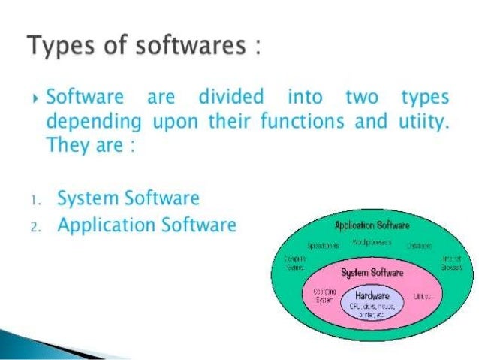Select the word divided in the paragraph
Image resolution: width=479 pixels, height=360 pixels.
[x=232, y=98]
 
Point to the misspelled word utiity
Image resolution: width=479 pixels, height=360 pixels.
[x=423, y=120]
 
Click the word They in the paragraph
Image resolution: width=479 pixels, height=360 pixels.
[x=66, y=144]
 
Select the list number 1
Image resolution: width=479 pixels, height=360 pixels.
[x=35, y=200]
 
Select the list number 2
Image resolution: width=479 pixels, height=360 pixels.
[x=36, y=226]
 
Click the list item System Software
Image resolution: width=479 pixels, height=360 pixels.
[x=128, y=199]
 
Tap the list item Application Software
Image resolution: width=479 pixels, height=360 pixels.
[x=147, y=225]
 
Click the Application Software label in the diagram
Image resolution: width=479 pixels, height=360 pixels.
[x=373, y=225]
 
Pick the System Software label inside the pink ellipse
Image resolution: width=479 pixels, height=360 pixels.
[x=372, y=272]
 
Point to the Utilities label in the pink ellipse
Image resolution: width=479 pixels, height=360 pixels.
[x=422, y=297]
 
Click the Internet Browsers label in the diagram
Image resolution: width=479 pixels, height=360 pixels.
[x=451, y=262]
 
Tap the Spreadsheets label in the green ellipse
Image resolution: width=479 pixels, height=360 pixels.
[x=324, y=245]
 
